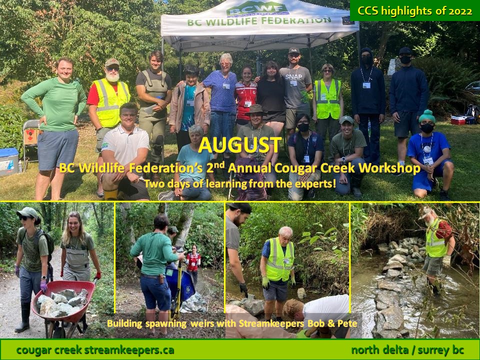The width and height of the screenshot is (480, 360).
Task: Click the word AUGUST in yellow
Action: point(239,145)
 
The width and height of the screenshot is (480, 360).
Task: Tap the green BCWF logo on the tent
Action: point(258,9)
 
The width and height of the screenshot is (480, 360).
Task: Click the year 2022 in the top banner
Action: point(460,11)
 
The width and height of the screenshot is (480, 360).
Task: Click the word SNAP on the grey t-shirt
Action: point(293,77)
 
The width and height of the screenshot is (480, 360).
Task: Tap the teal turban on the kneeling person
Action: point(427,116)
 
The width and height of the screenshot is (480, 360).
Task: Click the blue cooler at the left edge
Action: point(9,161)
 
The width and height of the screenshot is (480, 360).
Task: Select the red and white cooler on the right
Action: point(458,120)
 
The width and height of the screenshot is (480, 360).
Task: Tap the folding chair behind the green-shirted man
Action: point(31,139)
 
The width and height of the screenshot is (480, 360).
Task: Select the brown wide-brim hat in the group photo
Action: point(255,109)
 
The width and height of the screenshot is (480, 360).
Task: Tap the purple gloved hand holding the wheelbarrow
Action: point(44,286)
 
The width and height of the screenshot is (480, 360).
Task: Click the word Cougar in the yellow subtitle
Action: point(294,168)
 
